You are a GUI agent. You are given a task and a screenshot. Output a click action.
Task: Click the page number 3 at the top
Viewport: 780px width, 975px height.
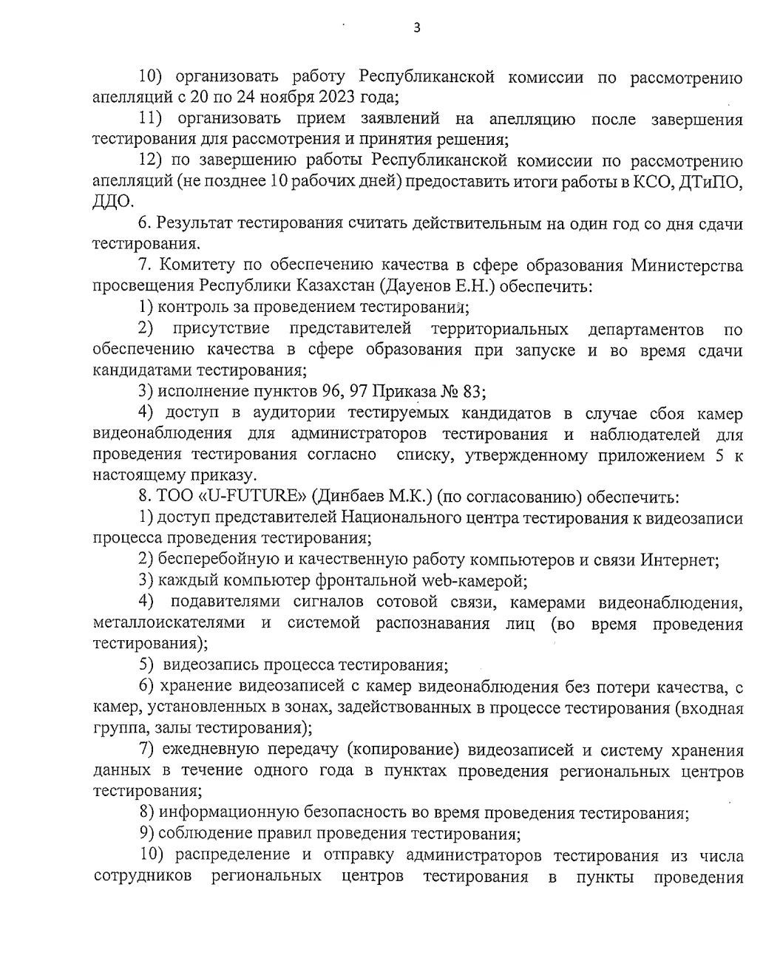[416, 29]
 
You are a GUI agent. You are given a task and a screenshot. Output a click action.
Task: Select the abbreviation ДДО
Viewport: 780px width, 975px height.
[112, 201]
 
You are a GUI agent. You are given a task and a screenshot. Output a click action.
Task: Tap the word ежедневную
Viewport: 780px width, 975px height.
[211, 750]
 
